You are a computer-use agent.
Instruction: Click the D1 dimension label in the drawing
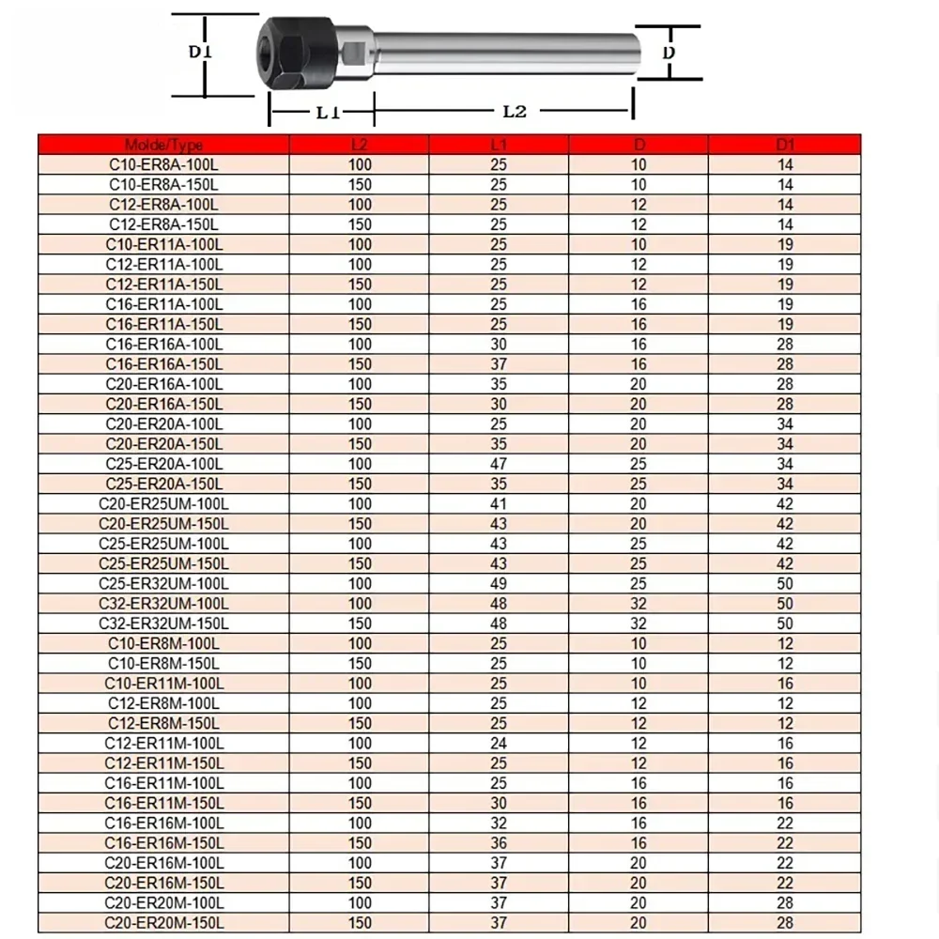coord(200,53)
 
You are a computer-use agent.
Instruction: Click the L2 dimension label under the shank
coord(514,111)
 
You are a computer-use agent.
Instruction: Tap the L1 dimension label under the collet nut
coord(326,113)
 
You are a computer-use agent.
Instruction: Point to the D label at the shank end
coord(669,54)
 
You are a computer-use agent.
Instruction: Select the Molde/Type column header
coord(163,145)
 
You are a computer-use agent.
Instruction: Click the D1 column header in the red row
coord(785,145)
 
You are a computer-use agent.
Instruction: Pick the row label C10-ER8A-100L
coord(163,164)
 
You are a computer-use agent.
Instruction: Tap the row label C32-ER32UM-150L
coord(163,623)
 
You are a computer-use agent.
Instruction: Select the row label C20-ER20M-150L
coord(163,923)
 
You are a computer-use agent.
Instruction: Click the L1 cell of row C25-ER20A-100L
coord(499,464)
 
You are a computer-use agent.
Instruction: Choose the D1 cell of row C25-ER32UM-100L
coord(785,584)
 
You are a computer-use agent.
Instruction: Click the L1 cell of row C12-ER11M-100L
coord(499,744)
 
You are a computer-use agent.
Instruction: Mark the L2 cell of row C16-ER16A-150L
coord(360,364)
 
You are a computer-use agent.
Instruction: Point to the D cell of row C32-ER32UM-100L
coord(639,604)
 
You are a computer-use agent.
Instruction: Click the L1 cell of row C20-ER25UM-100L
coord(499,504)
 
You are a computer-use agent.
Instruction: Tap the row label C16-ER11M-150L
coord(163,803)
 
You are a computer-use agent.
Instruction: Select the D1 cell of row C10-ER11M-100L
coord(785,684)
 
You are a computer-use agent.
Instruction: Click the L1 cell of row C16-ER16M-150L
coord(499,843)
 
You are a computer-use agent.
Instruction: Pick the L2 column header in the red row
coord(360,145)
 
